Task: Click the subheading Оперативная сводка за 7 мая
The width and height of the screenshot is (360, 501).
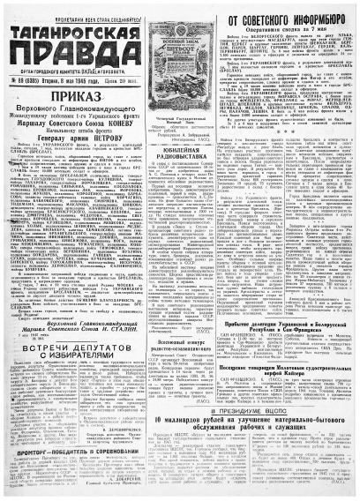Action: point(274,31)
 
